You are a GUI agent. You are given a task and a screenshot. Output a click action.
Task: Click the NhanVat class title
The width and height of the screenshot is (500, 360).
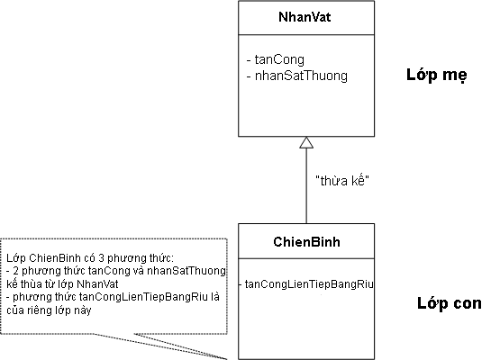click(305, 17)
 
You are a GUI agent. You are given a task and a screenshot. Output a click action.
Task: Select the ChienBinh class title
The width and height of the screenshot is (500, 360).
click(307, 242)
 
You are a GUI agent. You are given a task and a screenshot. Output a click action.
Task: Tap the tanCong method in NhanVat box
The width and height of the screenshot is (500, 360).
click(279, 59)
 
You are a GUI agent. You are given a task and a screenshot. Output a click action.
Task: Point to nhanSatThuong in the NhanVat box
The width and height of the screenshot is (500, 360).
click(301, 76)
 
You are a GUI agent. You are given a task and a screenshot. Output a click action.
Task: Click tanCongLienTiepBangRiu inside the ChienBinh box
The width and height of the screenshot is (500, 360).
click(309, 283)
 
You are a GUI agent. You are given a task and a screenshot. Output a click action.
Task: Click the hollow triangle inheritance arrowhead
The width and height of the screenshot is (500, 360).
click(306, 143)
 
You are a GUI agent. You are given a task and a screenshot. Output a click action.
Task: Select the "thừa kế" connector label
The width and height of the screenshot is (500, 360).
click(342, 181)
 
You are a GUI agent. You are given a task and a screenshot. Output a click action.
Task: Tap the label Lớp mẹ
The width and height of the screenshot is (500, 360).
click(437, 76)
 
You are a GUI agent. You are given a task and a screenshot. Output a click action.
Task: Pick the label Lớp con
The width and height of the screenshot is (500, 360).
click(450, 303)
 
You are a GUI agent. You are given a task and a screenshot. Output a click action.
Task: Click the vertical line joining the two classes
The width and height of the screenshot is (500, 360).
click(306, 186)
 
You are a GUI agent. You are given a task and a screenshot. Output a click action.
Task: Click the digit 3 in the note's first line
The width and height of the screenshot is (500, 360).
click(101, 257)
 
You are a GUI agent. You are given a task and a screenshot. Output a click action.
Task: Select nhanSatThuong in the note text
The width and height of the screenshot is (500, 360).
click(186, 271)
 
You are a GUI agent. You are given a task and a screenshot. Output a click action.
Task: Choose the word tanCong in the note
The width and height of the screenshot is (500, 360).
click(109, 271)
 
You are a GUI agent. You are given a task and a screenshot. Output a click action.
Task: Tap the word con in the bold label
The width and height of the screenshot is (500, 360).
click(468, 303)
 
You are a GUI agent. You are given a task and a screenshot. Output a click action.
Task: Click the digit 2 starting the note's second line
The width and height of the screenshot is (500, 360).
click(16, 271)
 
